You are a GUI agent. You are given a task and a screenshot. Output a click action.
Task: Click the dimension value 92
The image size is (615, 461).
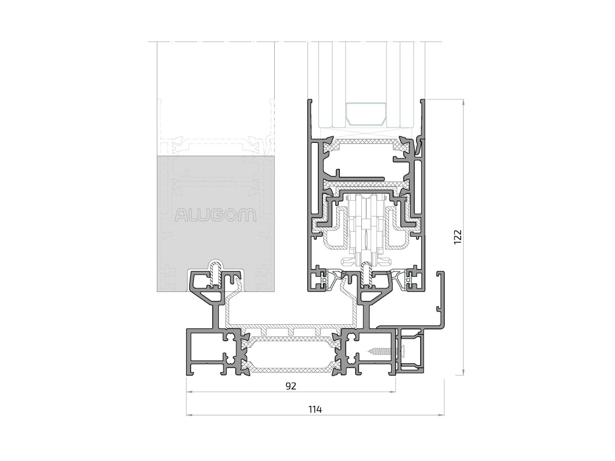(x=291, y=386)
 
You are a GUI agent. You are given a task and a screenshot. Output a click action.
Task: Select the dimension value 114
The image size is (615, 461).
(x=315, y=409)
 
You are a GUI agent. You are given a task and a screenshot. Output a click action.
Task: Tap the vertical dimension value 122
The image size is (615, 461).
(x=457, y=237)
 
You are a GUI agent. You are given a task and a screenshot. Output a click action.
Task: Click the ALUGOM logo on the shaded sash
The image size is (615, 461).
(x=215, y=215)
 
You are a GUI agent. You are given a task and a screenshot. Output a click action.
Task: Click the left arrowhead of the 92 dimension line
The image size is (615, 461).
(x=189, y=392)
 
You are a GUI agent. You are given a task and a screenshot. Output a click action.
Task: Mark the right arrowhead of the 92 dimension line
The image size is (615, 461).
(x=393, y=392)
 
